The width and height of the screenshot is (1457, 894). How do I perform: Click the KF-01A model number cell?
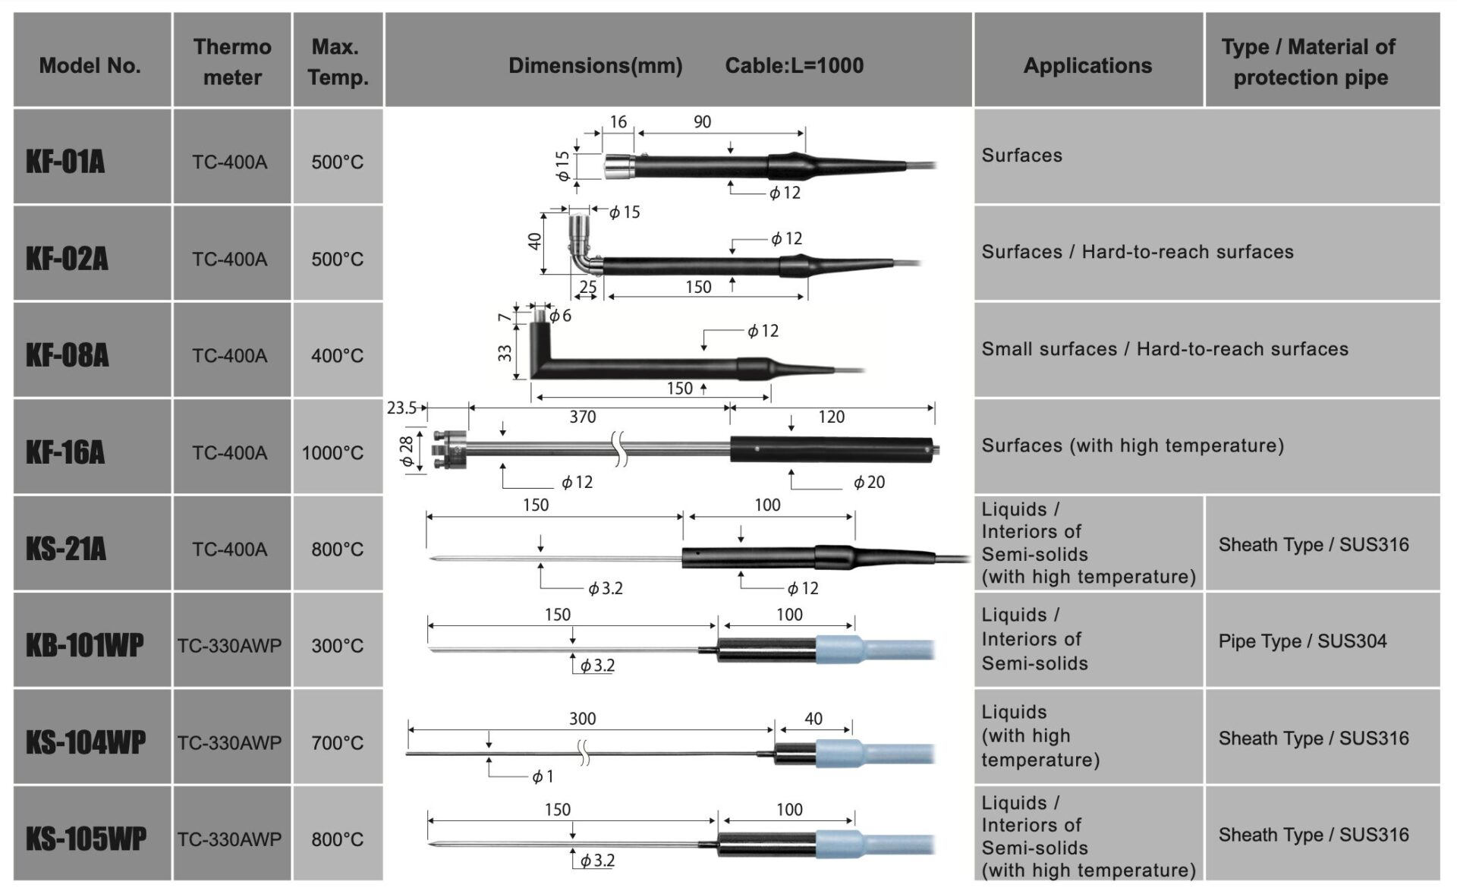click(92, 156)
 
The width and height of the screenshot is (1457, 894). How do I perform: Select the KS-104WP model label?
click(86, 742)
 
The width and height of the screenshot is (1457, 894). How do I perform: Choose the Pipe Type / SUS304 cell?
click(1302, 641)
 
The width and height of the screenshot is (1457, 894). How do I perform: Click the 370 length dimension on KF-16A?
click(583, 417)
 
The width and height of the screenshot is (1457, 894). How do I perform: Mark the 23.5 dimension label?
click(401, 408)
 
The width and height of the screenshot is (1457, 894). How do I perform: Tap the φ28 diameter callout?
click(408, 451)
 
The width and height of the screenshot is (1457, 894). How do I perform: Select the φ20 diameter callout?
click(869, 482)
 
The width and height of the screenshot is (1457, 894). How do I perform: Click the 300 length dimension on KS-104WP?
click(583, 719)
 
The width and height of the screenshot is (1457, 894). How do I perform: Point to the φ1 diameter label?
click(543, 776)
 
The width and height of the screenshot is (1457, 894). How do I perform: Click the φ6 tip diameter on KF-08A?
click(560, 316)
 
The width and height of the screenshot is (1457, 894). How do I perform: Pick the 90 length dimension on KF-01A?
click(702, 121)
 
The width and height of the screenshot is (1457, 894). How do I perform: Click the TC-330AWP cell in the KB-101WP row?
click(230, 646)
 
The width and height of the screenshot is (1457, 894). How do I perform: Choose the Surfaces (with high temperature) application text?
click(1133, 445)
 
